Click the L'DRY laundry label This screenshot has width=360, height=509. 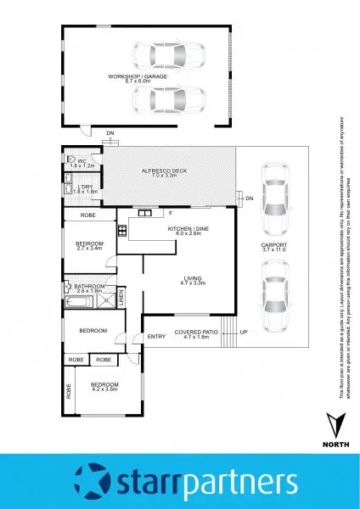point(83,189)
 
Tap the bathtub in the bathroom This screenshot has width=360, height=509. point(78,300)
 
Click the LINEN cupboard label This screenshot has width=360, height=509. point(121,296)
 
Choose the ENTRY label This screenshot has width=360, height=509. point(156,337)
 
